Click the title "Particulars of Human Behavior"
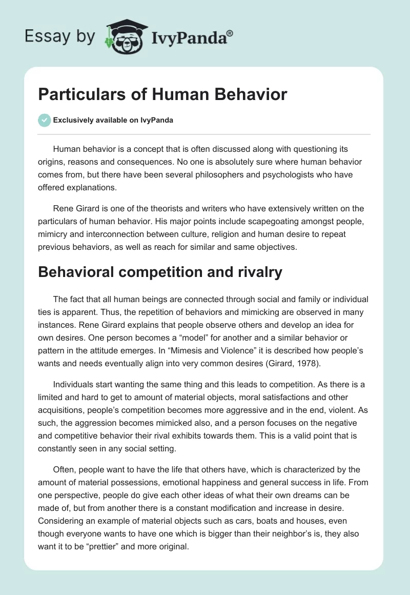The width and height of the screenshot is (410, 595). [163, 94]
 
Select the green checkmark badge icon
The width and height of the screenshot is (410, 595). [44, 121]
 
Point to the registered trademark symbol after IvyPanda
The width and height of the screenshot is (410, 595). [230, 33]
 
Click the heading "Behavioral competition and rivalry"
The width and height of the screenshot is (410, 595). [160, 272]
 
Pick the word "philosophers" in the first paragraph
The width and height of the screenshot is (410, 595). [230, 175]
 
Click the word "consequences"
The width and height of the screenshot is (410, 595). [156, 162]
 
